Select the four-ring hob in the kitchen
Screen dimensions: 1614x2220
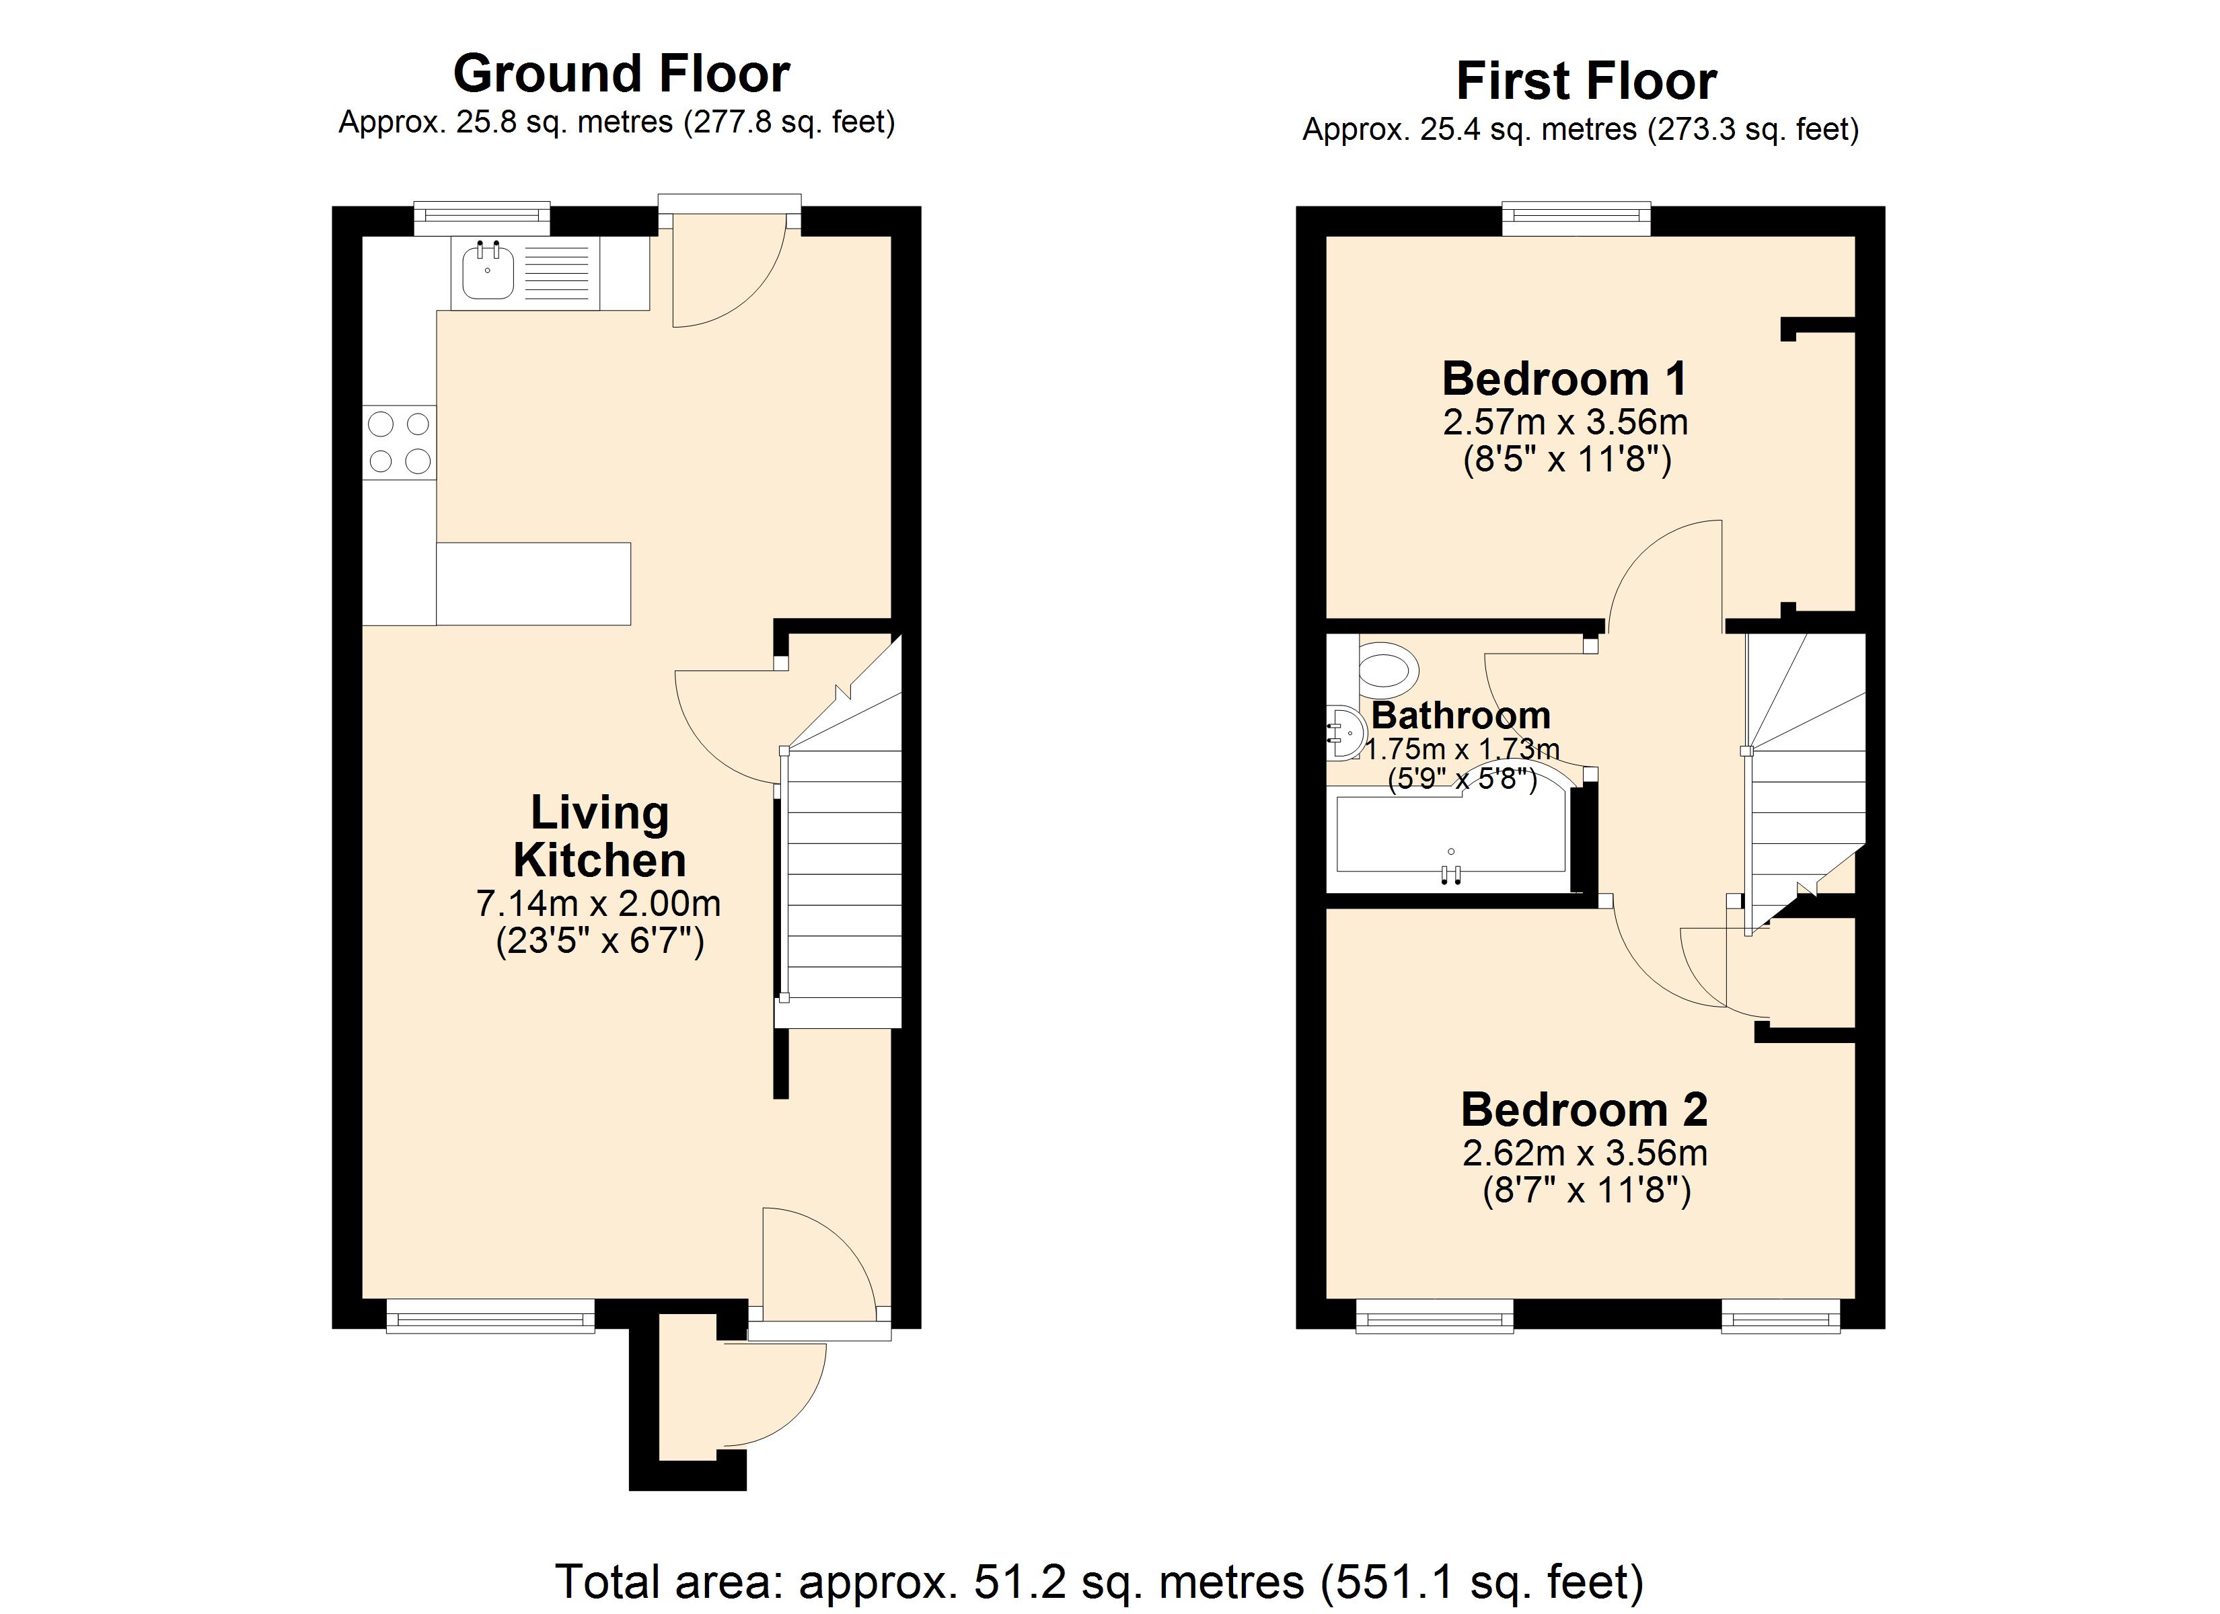tap(400, 443)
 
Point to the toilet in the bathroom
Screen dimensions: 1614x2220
tap(1388, 670)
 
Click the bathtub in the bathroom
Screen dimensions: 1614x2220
tap(1450, 834)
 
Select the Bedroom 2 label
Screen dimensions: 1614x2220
tap(1584, 1110)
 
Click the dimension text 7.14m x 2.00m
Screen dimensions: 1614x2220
tap(598, 903)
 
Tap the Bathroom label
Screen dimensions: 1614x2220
tap(1460, 716)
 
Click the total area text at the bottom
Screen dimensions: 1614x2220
tap(1099, 1582)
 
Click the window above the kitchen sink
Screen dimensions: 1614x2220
tap(482, 217)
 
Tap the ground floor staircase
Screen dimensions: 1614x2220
tap(842, 881)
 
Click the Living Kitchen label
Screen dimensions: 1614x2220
tap(599, 837)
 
